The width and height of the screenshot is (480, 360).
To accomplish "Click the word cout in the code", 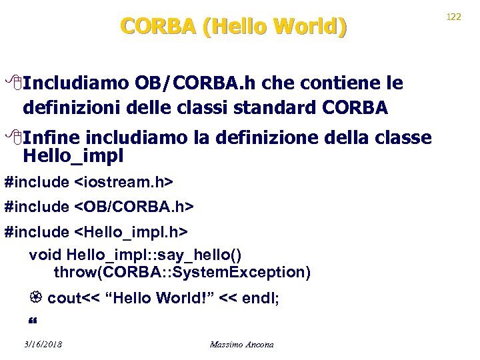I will [63, 299].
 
